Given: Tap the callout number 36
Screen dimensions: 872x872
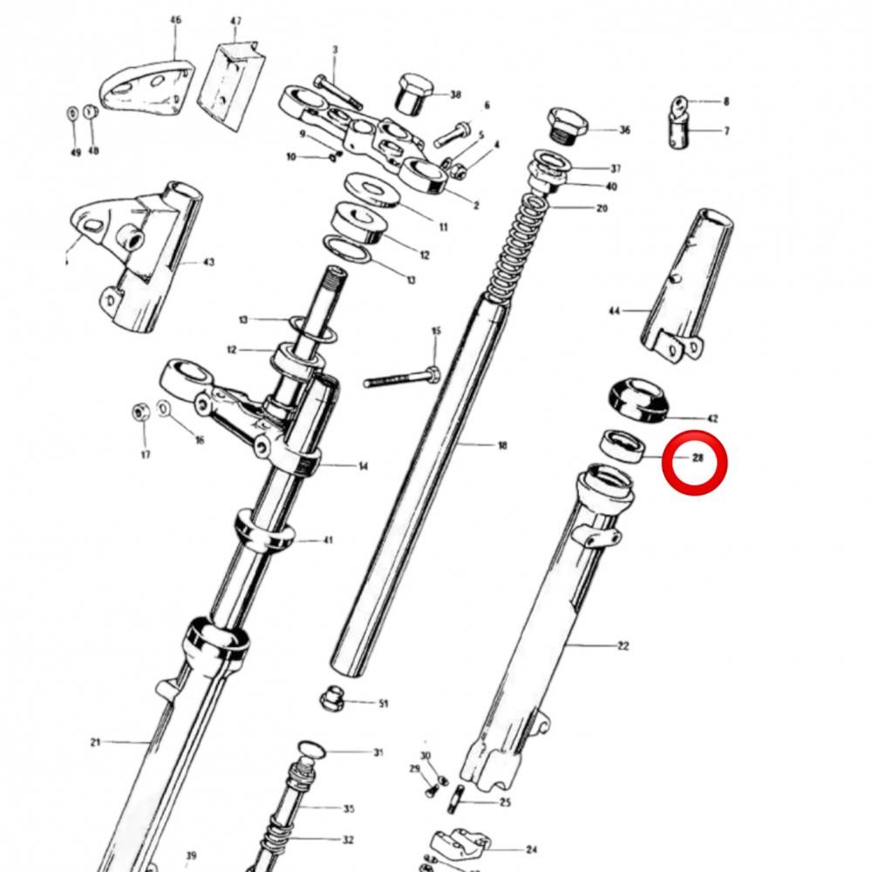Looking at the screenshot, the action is tap(624, 130).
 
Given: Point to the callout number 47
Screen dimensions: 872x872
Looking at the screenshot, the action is tap(235, 21).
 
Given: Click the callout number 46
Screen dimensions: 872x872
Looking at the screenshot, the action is tap(176, 20).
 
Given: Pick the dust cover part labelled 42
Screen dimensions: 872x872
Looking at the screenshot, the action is tap(638, 400).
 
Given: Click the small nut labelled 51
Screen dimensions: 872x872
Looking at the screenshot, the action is tap(331, 698).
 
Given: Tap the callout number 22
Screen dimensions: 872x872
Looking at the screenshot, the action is tap(623, 645).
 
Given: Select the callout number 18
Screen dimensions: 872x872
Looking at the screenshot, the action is tap(502, 445).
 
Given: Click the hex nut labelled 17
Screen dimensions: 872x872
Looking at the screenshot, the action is tap(141, 412).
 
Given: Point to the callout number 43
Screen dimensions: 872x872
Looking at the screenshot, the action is tap(208, 262).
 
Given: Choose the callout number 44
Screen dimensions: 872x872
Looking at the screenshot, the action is tap(614, 311).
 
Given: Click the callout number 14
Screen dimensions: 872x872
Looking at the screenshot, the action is tap(363, 466).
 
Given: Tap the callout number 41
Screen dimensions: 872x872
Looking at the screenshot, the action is tap(328, 540).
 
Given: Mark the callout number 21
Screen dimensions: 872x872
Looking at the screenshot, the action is tap(95, 742).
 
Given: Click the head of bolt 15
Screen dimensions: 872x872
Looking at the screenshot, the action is tap(433, 374).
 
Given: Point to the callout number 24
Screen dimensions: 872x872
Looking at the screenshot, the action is tap(531, 849).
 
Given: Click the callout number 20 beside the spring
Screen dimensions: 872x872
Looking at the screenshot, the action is tap(602, 208).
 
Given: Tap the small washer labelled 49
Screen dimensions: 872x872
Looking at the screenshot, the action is tap(72, 113).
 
